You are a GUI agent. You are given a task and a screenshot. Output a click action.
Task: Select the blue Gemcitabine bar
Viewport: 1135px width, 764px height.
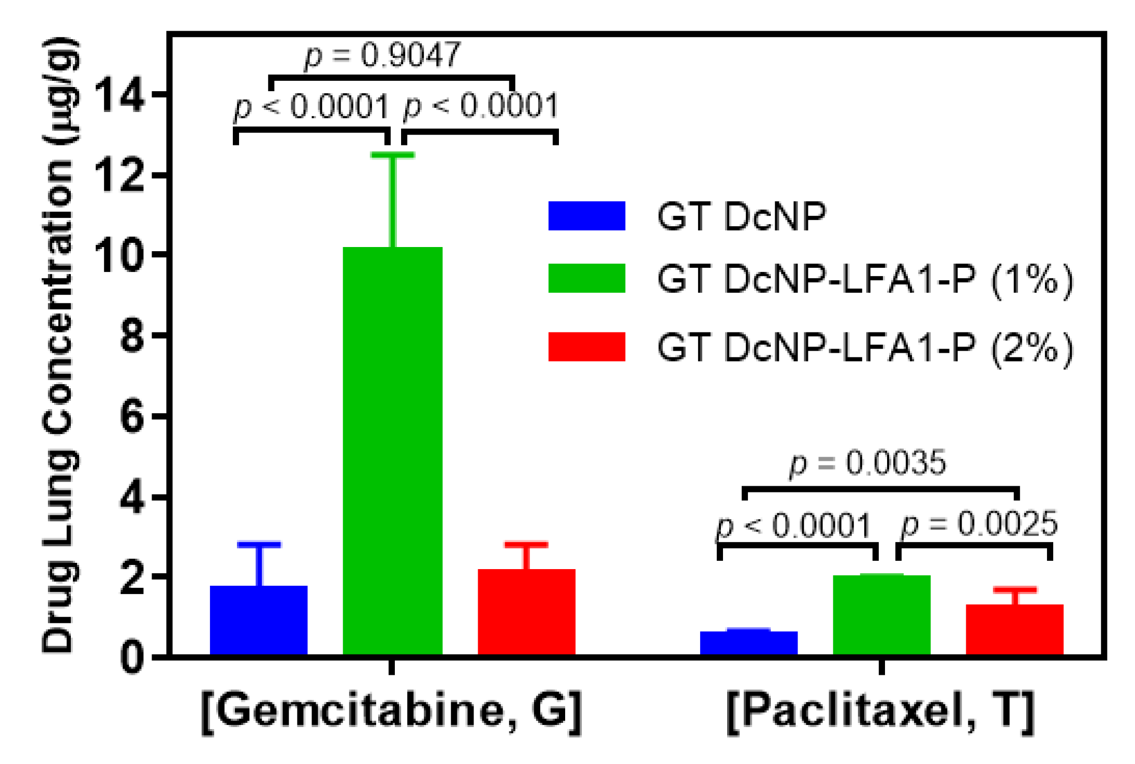pos(258,620)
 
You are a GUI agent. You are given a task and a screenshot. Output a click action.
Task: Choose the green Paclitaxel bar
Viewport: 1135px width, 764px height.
pos(881,615)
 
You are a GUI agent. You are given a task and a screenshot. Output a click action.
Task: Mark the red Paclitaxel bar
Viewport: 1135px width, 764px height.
pos(1014,629)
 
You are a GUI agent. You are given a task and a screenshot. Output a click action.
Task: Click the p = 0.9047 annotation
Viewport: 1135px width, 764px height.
pos(383,55)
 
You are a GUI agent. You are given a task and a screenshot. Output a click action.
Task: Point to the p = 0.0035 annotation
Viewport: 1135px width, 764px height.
pos(868,463)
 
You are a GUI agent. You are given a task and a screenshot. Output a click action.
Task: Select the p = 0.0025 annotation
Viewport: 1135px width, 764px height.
pos(980,524)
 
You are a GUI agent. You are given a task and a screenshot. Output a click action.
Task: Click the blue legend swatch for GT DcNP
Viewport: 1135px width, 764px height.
pos(587,216)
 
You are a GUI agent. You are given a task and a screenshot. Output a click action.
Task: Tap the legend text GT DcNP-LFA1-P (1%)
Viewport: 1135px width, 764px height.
pos(865,280)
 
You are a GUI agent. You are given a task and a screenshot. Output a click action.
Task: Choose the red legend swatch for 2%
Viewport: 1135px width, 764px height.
pos(587,347)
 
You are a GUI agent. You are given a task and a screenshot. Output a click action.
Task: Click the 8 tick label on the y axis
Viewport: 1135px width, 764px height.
pos(131,336)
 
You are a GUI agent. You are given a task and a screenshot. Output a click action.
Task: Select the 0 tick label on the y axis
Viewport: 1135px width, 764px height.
pos(131,658)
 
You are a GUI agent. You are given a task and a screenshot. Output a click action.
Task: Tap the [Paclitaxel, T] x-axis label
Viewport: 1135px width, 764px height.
pos(880,712)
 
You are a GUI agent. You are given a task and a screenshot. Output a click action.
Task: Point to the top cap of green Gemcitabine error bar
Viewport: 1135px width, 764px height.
pos(392,155)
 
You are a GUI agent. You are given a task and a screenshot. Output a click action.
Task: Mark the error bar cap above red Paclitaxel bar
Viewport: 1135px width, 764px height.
pos(1015,590)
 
